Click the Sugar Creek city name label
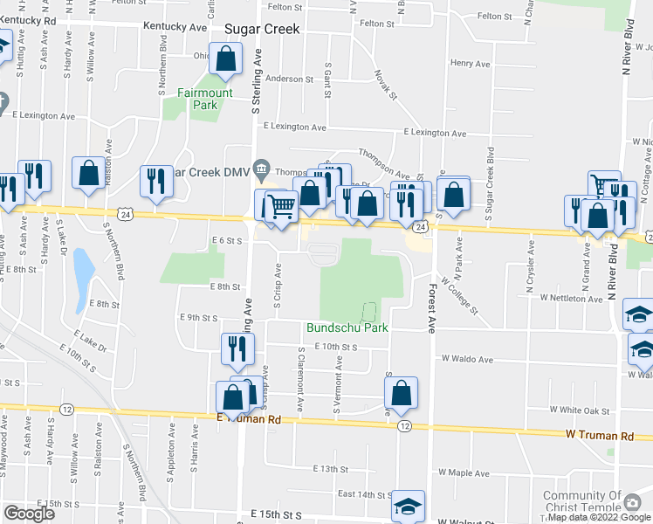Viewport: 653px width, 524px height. coord(262,29)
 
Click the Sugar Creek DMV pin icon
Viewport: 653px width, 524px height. coord(260,167)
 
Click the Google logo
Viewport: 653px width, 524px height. coord(29,514)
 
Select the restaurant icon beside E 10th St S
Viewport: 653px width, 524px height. coord(237,349)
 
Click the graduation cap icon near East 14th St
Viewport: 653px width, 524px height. coord(408,506)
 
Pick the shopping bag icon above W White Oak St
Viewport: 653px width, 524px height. coord(401,393)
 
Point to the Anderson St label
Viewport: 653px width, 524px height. coord(289,79)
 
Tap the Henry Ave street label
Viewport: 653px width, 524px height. coord(470,64)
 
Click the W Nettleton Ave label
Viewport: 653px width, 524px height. coord(571,298)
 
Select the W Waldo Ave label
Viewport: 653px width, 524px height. coord(467,359)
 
